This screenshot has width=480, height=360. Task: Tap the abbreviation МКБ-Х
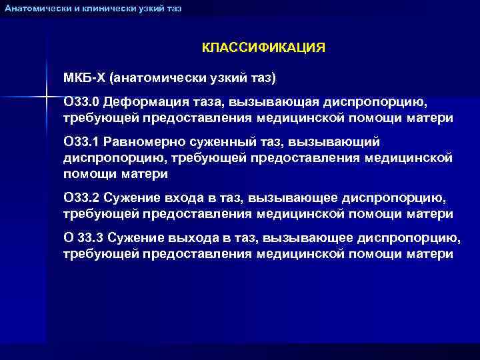(85, 78)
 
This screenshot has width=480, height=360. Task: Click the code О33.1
(81, 142)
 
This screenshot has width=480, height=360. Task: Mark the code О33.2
(81, 199)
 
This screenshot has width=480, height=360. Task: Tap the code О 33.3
(83, 239)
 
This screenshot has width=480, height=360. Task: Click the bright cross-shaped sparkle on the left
(47, 97)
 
